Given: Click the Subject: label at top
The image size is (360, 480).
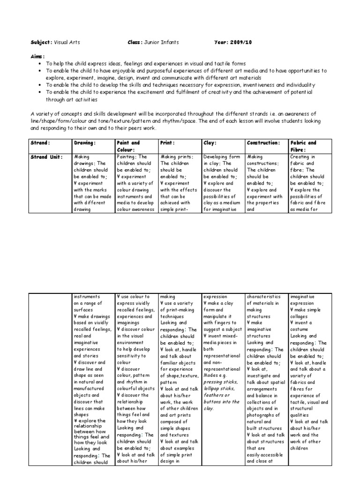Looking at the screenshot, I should pyautogui.click(x=41, y=42).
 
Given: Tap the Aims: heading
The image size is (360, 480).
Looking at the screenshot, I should pyautogui.click(x=38, y=56).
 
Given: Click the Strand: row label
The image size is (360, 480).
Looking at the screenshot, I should pyautogui.click(x=40, y=142).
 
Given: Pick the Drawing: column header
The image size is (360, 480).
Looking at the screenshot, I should pyautogui.click(x=84, y=142).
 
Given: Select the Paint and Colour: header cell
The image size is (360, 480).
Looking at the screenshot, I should pyautogui.click(x=128, y=146).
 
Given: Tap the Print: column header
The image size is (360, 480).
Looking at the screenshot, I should pyautogui.click(x=168, y=142).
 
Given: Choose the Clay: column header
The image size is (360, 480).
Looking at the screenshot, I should pyautogui.click(x=210, y=142).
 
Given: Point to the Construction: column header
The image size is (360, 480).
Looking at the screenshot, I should pyautogui.click(x=263, y=142).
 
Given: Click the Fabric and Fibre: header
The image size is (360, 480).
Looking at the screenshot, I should pyautogui.click(x=303, y=146).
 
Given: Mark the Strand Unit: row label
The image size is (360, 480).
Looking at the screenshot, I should pyautogui.click(x=46, y=157).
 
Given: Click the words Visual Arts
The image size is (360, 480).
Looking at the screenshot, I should pyautogui.click(x=67, y=42).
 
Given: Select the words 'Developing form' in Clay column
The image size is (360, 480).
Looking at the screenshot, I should pyautogui.click(x=221, y=157).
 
